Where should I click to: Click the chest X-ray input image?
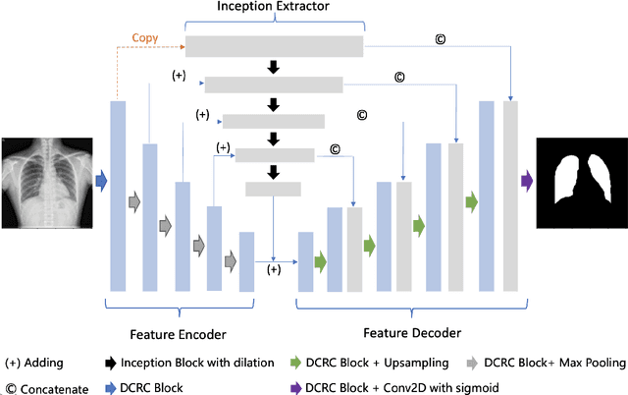click(48, 182)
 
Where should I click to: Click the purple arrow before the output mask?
click(527, 181)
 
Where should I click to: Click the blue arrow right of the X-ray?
click(100, 181)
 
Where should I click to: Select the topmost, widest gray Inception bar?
click(274, 46)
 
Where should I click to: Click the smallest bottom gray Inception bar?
click(273, 188)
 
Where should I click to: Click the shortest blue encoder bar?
click(246, 260)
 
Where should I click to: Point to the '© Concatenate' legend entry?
click(44, 386)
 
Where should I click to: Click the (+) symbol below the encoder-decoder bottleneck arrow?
click(274, 268)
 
